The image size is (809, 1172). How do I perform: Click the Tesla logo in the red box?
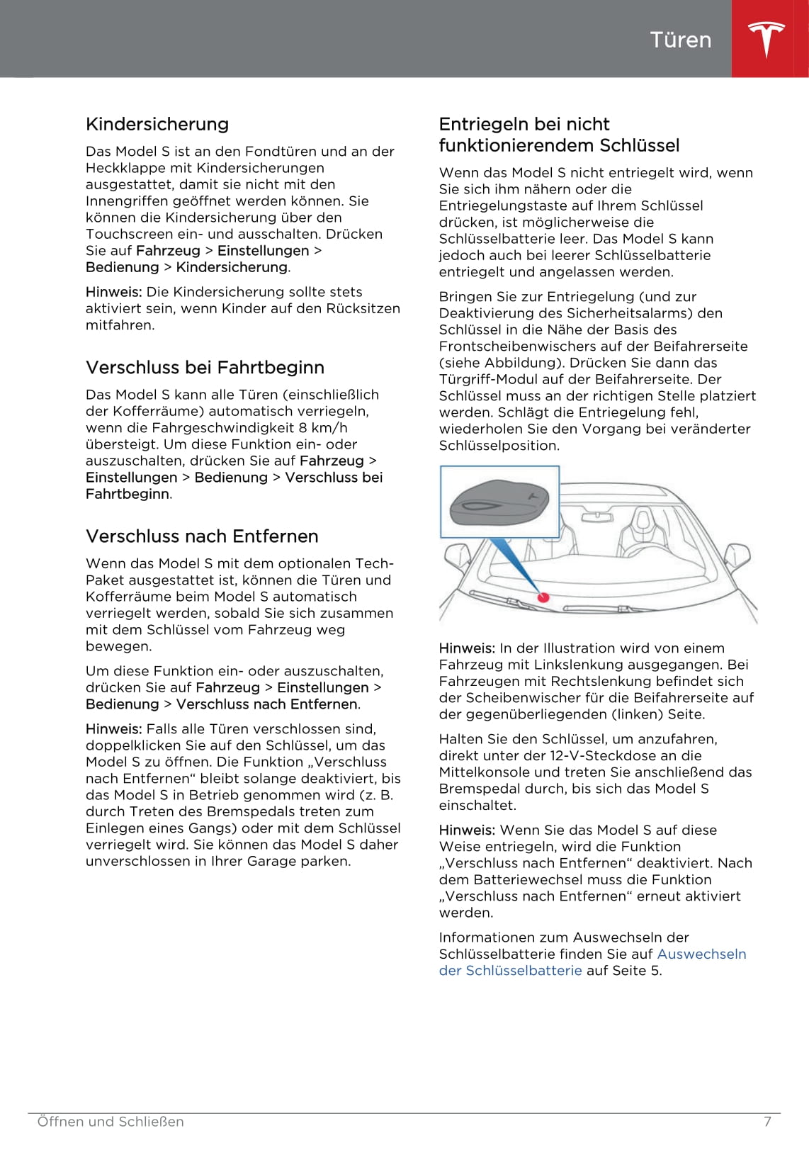click(766, 38)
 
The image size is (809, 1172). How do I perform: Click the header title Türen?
click(680, 40)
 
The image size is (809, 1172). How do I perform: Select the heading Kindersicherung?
click(157, 125)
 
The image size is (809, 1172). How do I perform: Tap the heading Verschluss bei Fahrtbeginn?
click(205, 368)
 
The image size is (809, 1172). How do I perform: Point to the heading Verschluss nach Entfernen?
click(202, 536)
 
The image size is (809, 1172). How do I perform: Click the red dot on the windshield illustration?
click(543, 597)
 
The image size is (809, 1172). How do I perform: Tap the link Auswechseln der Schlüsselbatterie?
click(592, 962)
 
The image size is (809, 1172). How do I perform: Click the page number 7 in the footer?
click(767, 1122)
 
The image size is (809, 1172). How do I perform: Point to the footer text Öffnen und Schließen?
click(111, 1122)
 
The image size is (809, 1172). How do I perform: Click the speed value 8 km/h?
click(323, 428)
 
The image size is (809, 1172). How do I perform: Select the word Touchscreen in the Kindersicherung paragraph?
click(131, 235)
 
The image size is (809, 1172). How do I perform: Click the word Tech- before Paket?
click(375, 564)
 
